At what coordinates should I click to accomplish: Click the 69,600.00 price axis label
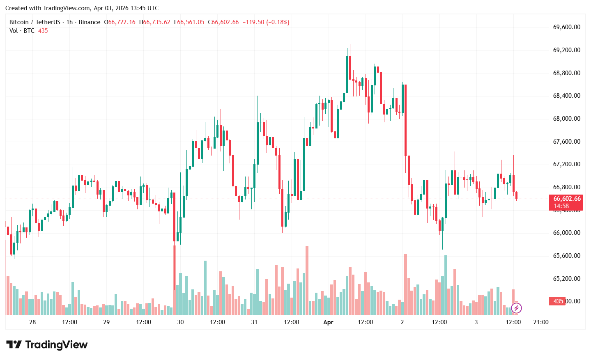[567, 27]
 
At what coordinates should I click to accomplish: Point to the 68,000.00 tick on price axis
[567, 119]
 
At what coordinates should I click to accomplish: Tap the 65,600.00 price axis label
[567, 256]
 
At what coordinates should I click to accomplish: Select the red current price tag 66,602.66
[566, 199]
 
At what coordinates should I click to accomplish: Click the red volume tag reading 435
[558, 301]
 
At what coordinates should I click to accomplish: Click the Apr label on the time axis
[328, 322]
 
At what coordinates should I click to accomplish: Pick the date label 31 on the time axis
[254, 322]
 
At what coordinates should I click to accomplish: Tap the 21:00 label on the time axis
[540, 322]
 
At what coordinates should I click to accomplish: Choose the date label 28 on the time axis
[32, 322]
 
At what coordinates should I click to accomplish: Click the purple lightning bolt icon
[516, 308]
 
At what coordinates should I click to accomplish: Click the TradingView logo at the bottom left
[46, 345]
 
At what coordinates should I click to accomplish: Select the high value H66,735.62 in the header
[154, 22]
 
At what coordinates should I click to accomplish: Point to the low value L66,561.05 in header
[189, 22]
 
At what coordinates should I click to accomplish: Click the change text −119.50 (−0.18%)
[266, 22]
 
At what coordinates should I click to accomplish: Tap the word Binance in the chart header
[89, 22]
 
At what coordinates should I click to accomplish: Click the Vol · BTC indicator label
[22, 31]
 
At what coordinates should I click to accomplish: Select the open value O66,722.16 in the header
[120, 22]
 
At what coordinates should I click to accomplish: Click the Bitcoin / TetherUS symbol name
[34, 22]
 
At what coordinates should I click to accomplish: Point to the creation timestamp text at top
[82, 8]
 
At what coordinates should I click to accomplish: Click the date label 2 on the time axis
[402, 322]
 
